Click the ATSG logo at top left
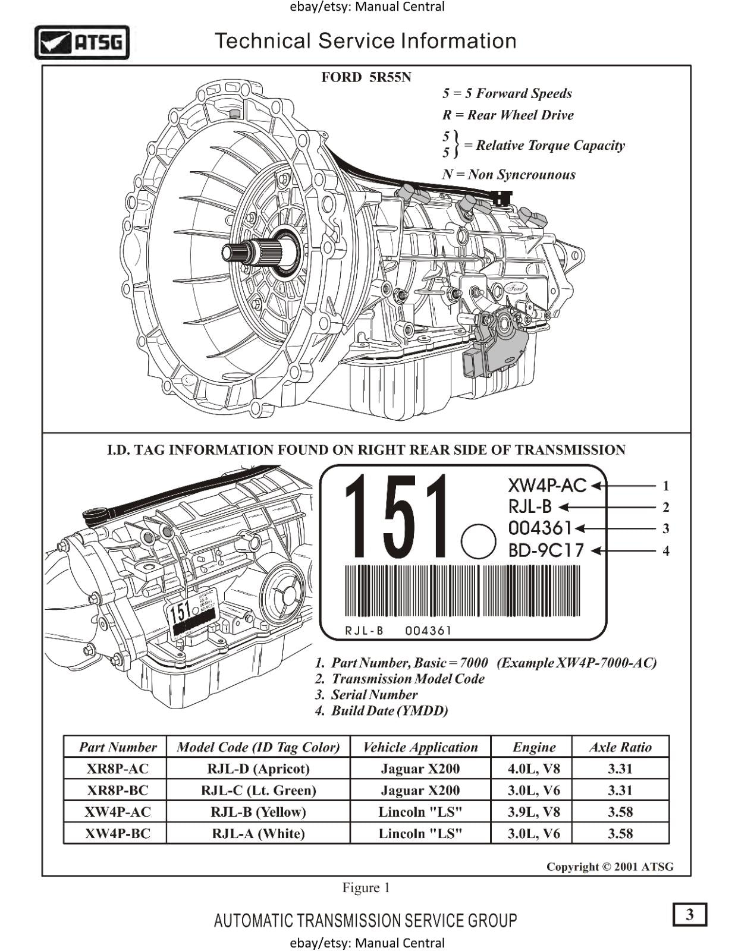pos(82,42)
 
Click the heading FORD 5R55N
pos(366,77)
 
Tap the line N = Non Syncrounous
pos(508,175)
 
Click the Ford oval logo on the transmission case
pos(516,288)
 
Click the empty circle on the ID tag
pos(478,541)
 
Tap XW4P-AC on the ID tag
pos(547,486)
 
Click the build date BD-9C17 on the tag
pos(546,550)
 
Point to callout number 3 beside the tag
pos(665,528)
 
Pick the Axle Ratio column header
pos(620,747)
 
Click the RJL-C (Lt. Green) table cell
pos(258,791)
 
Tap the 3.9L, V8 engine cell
pos(533,812)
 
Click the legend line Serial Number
pos(373,695)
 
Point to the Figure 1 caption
pos(366,887)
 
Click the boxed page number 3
pos(689,914)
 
